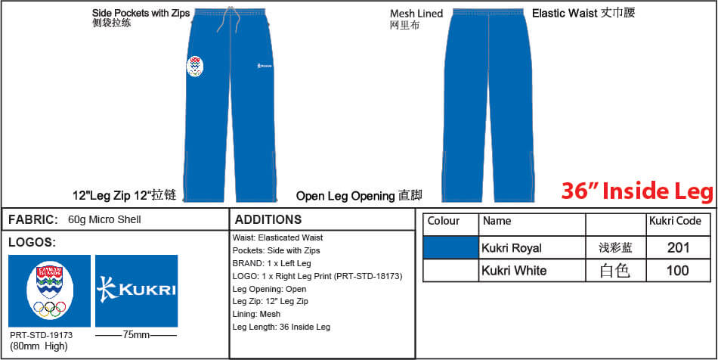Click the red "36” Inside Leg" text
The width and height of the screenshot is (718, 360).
pos(637,191)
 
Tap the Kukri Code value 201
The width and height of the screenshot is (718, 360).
pos(678,248)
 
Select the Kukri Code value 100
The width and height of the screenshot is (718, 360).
pos(678,270)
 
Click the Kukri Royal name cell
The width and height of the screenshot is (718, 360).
pos(512,248)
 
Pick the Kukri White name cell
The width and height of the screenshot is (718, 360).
pos(514,270)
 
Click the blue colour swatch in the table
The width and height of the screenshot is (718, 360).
pos(450,248)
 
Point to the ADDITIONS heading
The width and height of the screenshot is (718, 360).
pos(268,219)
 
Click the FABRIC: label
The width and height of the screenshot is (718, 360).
pos(33,219)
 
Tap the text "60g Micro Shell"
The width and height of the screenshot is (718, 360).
pos(104,220)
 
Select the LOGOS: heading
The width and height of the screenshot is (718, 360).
pos(32,243)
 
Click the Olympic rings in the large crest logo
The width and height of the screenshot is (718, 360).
pos(49,309)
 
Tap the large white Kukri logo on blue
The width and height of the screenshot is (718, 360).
pos(137,291)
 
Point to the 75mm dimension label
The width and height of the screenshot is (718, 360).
pos(137,335)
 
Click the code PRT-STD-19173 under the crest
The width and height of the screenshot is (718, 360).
pos(42,335)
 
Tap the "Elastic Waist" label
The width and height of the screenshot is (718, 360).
pos(565,14)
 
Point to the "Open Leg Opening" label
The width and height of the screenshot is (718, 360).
pos(345,197)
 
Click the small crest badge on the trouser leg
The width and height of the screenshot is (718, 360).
pos(195,67)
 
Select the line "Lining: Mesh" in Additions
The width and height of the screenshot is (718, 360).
pos(256,314)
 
